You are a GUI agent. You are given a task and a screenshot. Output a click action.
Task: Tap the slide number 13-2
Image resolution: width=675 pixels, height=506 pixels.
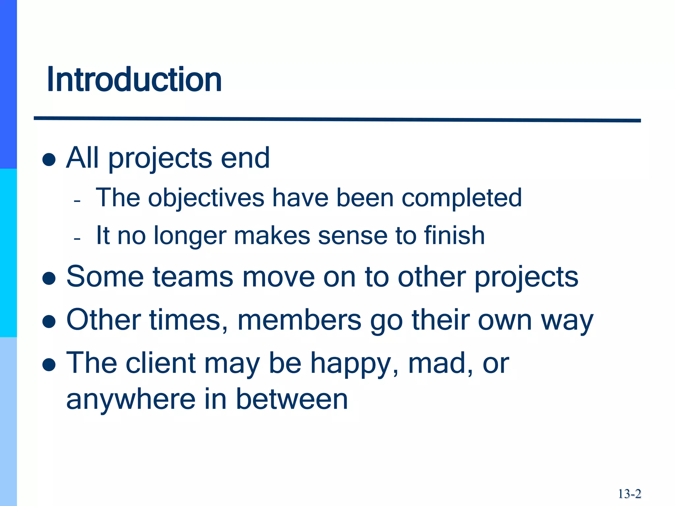point(629,494)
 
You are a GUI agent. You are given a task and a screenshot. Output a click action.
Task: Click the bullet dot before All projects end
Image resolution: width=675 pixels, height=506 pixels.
point(49,160)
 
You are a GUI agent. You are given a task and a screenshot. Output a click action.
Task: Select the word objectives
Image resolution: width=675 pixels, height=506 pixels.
point(206,198)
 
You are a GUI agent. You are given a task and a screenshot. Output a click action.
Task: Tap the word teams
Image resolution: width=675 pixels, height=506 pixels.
point(193,277)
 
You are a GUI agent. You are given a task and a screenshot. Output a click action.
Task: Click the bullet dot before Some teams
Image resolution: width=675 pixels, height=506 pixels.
point(49,278)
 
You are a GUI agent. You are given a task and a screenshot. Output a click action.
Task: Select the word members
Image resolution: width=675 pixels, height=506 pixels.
point(299,320)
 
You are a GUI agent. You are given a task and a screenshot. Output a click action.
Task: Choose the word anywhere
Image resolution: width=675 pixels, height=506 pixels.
point(131,400)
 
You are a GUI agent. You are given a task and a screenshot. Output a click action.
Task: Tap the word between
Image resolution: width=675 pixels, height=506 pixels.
point(292,399)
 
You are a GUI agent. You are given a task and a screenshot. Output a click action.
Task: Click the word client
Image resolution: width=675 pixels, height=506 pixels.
point(161,363)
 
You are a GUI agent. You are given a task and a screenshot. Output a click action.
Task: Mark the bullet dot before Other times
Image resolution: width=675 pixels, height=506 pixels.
point(49,322)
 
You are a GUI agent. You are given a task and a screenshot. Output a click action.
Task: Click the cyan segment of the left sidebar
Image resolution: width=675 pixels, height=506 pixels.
point(8,253)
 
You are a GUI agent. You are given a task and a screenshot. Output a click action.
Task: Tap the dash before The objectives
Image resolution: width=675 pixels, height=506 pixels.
point(77,200)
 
